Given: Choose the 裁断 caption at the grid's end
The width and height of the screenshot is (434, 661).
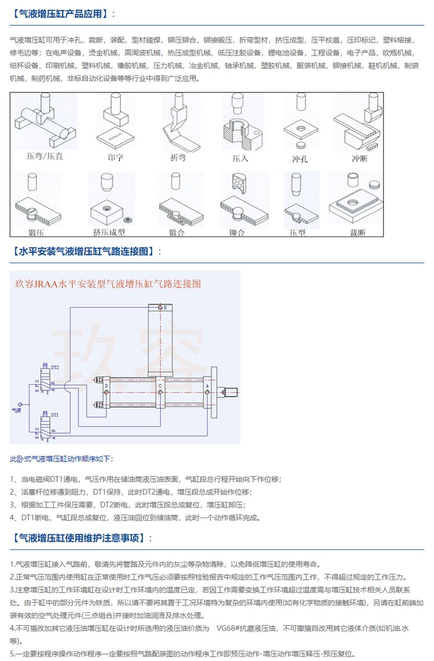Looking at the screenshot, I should tap(358, 232).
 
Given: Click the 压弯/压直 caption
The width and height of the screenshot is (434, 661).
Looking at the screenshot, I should tap(44, 156).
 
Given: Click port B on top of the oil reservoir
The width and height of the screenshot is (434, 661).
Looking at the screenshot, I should tap(165, 308).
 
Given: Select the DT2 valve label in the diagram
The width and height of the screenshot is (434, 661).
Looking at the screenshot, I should tap(55, 367).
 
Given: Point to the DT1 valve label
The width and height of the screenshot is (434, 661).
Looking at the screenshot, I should tap(54, 415).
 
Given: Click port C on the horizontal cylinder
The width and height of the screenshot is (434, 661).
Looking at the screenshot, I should tap(160, 385).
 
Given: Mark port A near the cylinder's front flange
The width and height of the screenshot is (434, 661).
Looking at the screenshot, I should tap(207, 385).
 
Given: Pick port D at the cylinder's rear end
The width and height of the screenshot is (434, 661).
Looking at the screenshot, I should tap(106, 385).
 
